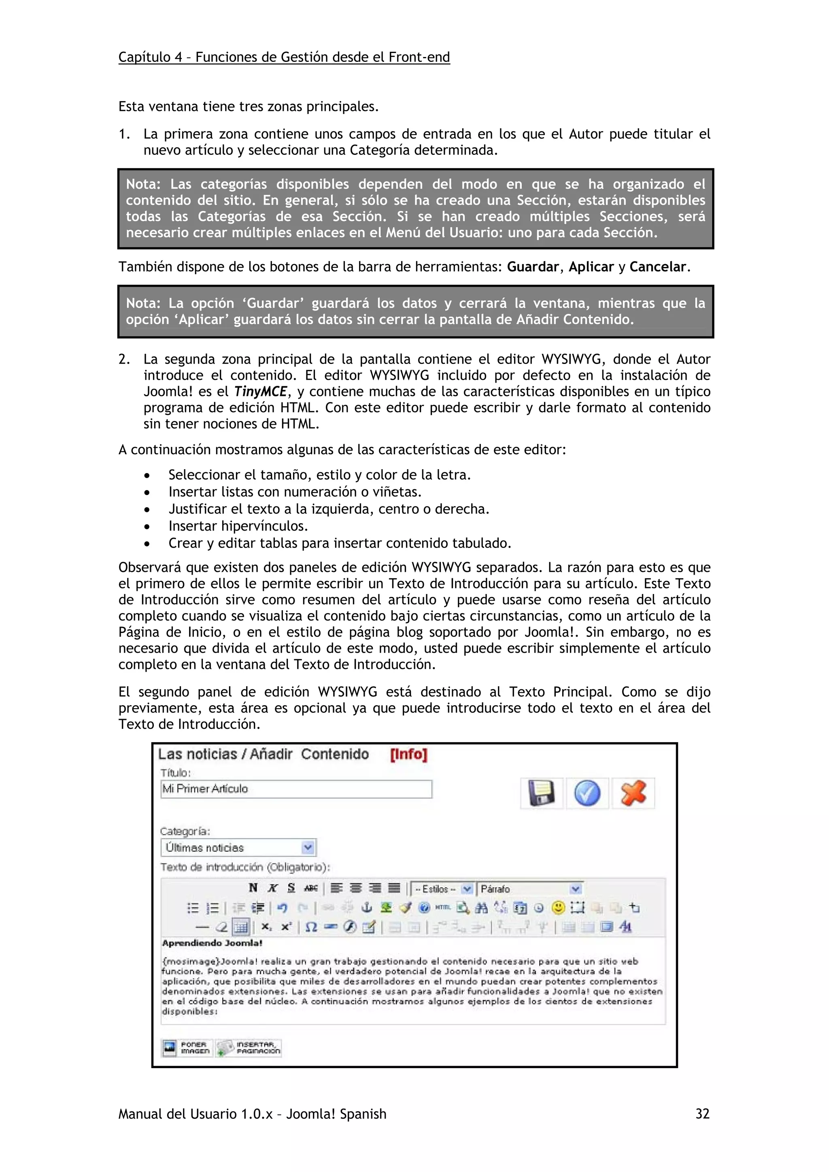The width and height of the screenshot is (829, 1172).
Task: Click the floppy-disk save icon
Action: [x=542, y=793]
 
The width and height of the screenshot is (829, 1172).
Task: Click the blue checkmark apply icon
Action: [x=587, y=793]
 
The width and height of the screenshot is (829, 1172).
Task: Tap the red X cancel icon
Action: [x=633, y=793]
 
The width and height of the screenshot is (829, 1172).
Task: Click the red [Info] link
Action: [x=408, y=755]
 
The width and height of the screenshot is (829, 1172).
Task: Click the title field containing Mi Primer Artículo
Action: [x=296, y=789]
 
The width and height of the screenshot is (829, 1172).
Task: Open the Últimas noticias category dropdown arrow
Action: [x=308, y=848]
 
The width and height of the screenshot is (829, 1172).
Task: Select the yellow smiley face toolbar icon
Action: [x=559, y=908]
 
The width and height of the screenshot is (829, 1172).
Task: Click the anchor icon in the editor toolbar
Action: [x=366, y=908]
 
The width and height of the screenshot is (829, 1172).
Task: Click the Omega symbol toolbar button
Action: [x=310, y=927]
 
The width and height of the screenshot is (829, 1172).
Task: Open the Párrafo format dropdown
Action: [x=575, y=889]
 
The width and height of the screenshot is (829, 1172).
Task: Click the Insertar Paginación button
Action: [x=249, y=1048]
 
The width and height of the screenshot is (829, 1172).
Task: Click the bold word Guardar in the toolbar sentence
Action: [x=533, y=267]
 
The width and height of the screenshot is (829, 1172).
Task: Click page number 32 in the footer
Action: [x=702, y=1114]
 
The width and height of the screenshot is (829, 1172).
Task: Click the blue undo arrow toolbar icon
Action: [x=283, y=908]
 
